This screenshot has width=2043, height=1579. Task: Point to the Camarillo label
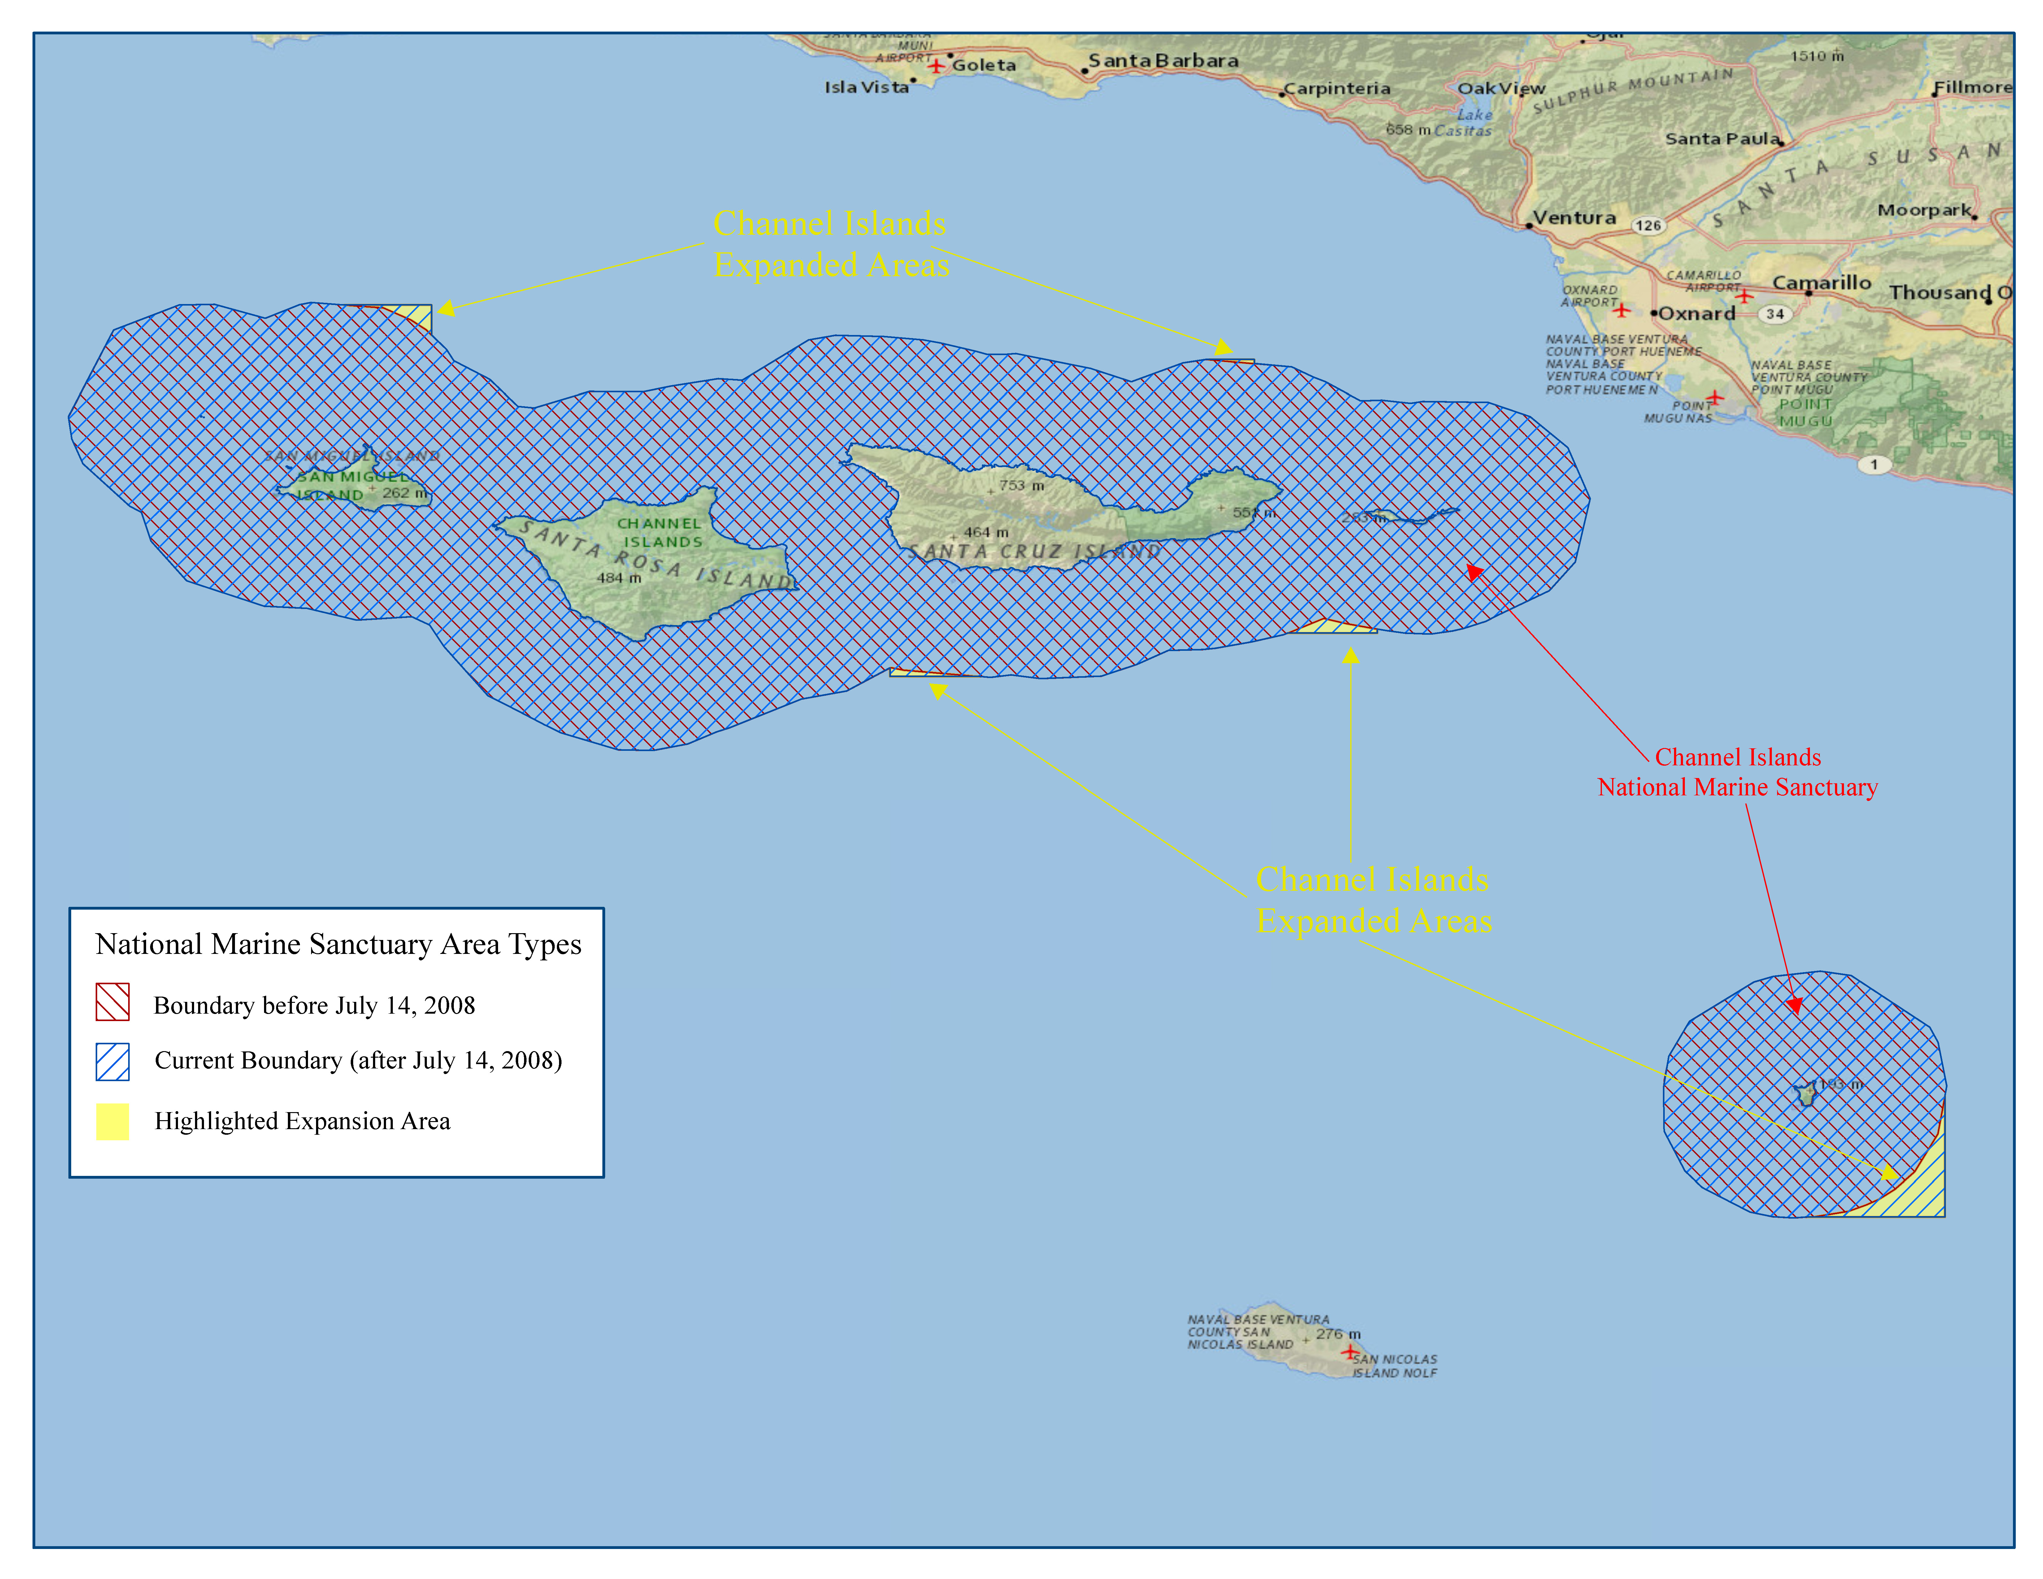[1821, 282]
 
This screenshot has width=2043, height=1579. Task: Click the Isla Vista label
[866, 87]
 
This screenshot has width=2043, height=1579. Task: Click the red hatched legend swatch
[112, 1002]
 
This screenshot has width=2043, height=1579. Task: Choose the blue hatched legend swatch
[112, 1062]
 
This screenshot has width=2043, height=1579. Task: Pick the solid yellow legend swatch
[112, 1122]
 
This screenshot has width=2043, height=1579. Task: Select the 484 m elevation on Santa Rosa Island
[619, 578]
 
